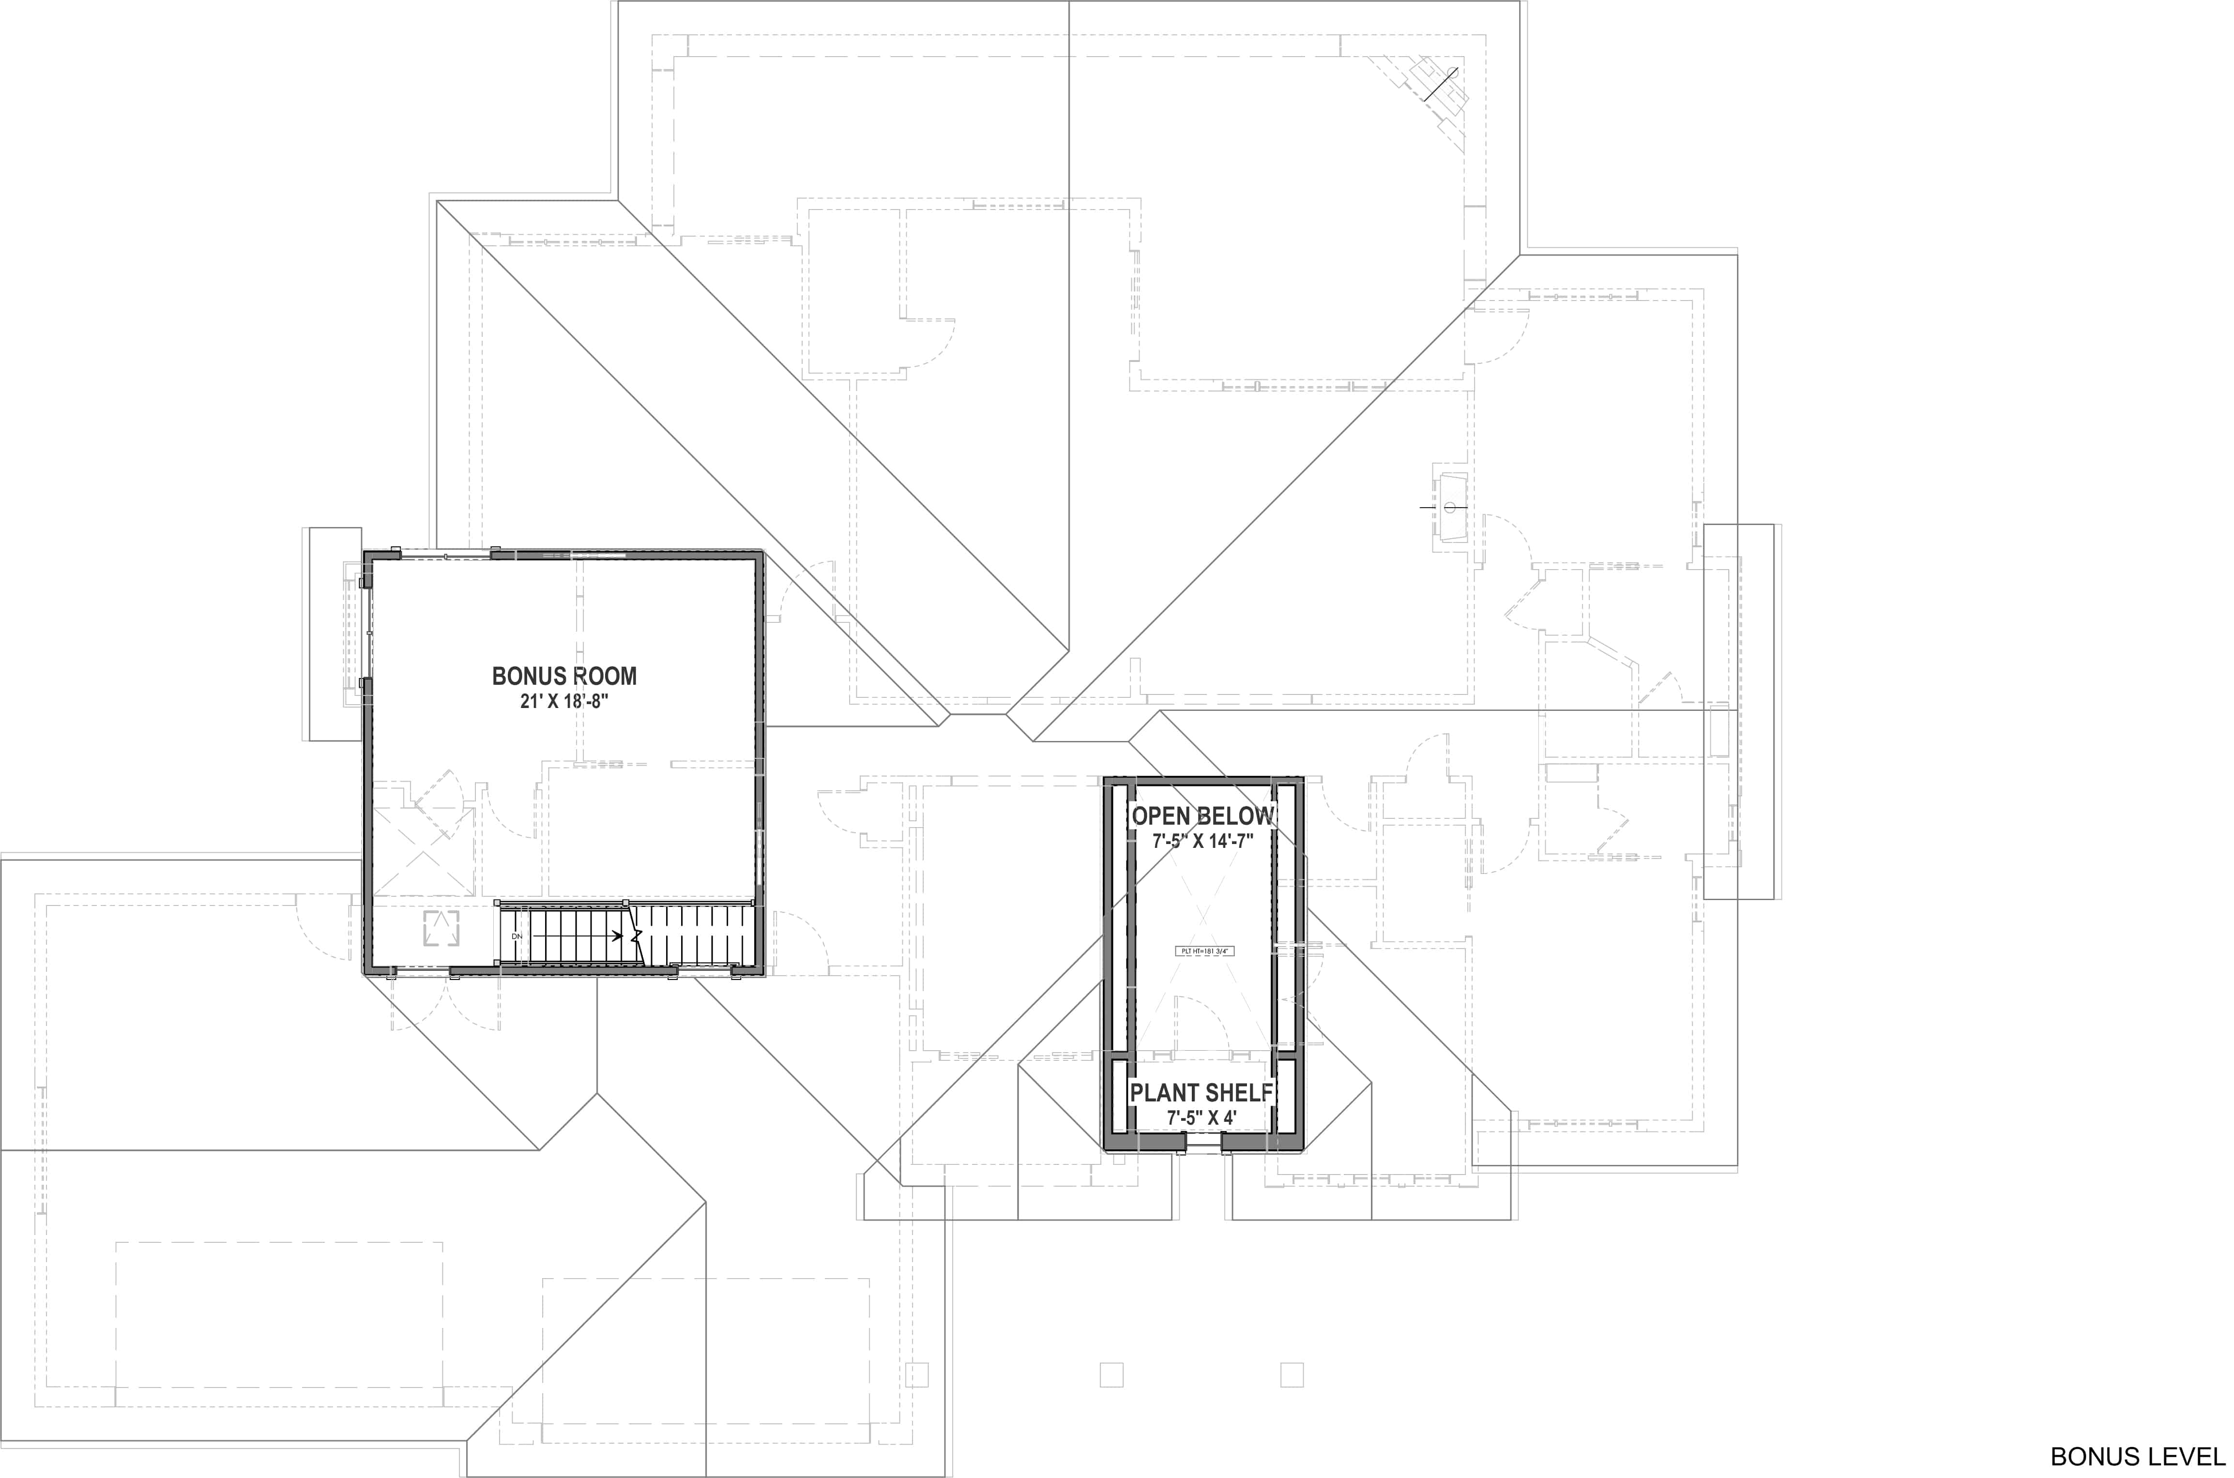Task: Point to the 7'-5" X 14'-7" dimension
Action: coord(1203,841)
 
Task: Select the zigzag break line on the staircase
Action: coord(637,936)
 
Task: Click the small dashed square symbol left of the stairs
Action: coord(441,928)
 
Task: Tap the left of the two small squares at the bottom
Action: coord(1111,1374)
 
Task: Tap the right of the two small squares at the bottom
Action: coord(1292,1374)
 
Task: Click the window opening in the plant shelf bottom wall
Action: coord(1203,1145)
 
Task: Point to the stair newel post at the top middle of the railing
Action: coord(627,903)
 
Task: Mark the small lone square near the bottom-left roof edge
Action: coord(916,1374)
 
